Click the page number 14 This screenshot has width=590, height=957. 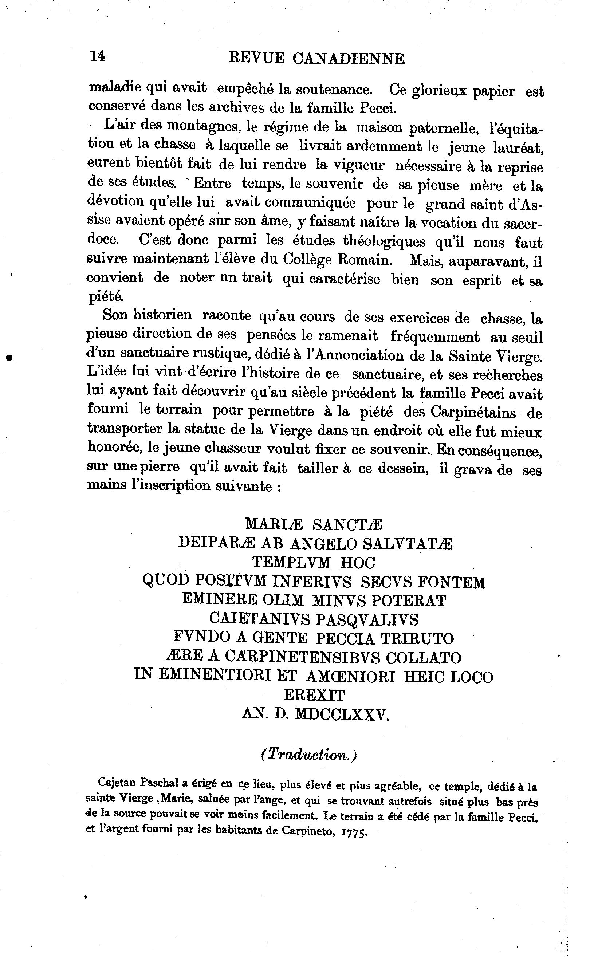[98, 56]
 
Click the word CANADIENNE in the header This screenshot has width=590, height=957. [349, 59]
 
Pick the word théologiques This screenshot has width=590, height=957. [384, 241]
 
